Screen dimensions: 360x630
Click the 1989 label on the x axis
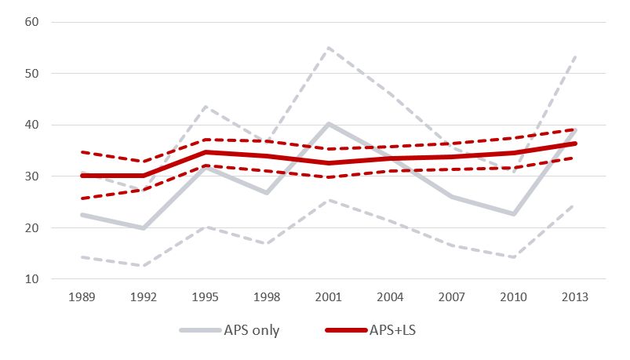point(82,299)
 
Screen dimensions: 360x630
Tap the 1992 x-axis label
point(144,299)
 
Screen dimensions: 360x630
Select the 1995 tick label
point(205,299)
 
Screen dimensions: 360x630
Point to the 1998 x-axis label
point(266,299)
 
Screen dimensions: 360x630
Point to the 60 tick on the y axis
point(31,22)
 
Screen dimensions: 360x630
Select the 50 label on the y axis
point(31,74)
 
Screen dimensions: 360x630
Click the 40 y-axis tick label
point(31,125)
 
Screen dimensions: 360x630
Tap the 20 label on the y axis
point(31,228)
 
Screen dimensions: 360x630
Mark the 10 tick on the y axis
point(31,279)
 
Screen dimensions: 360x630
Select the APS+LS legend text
point(392,330)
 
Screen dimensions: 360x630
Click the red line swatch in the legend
point(343,330)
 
